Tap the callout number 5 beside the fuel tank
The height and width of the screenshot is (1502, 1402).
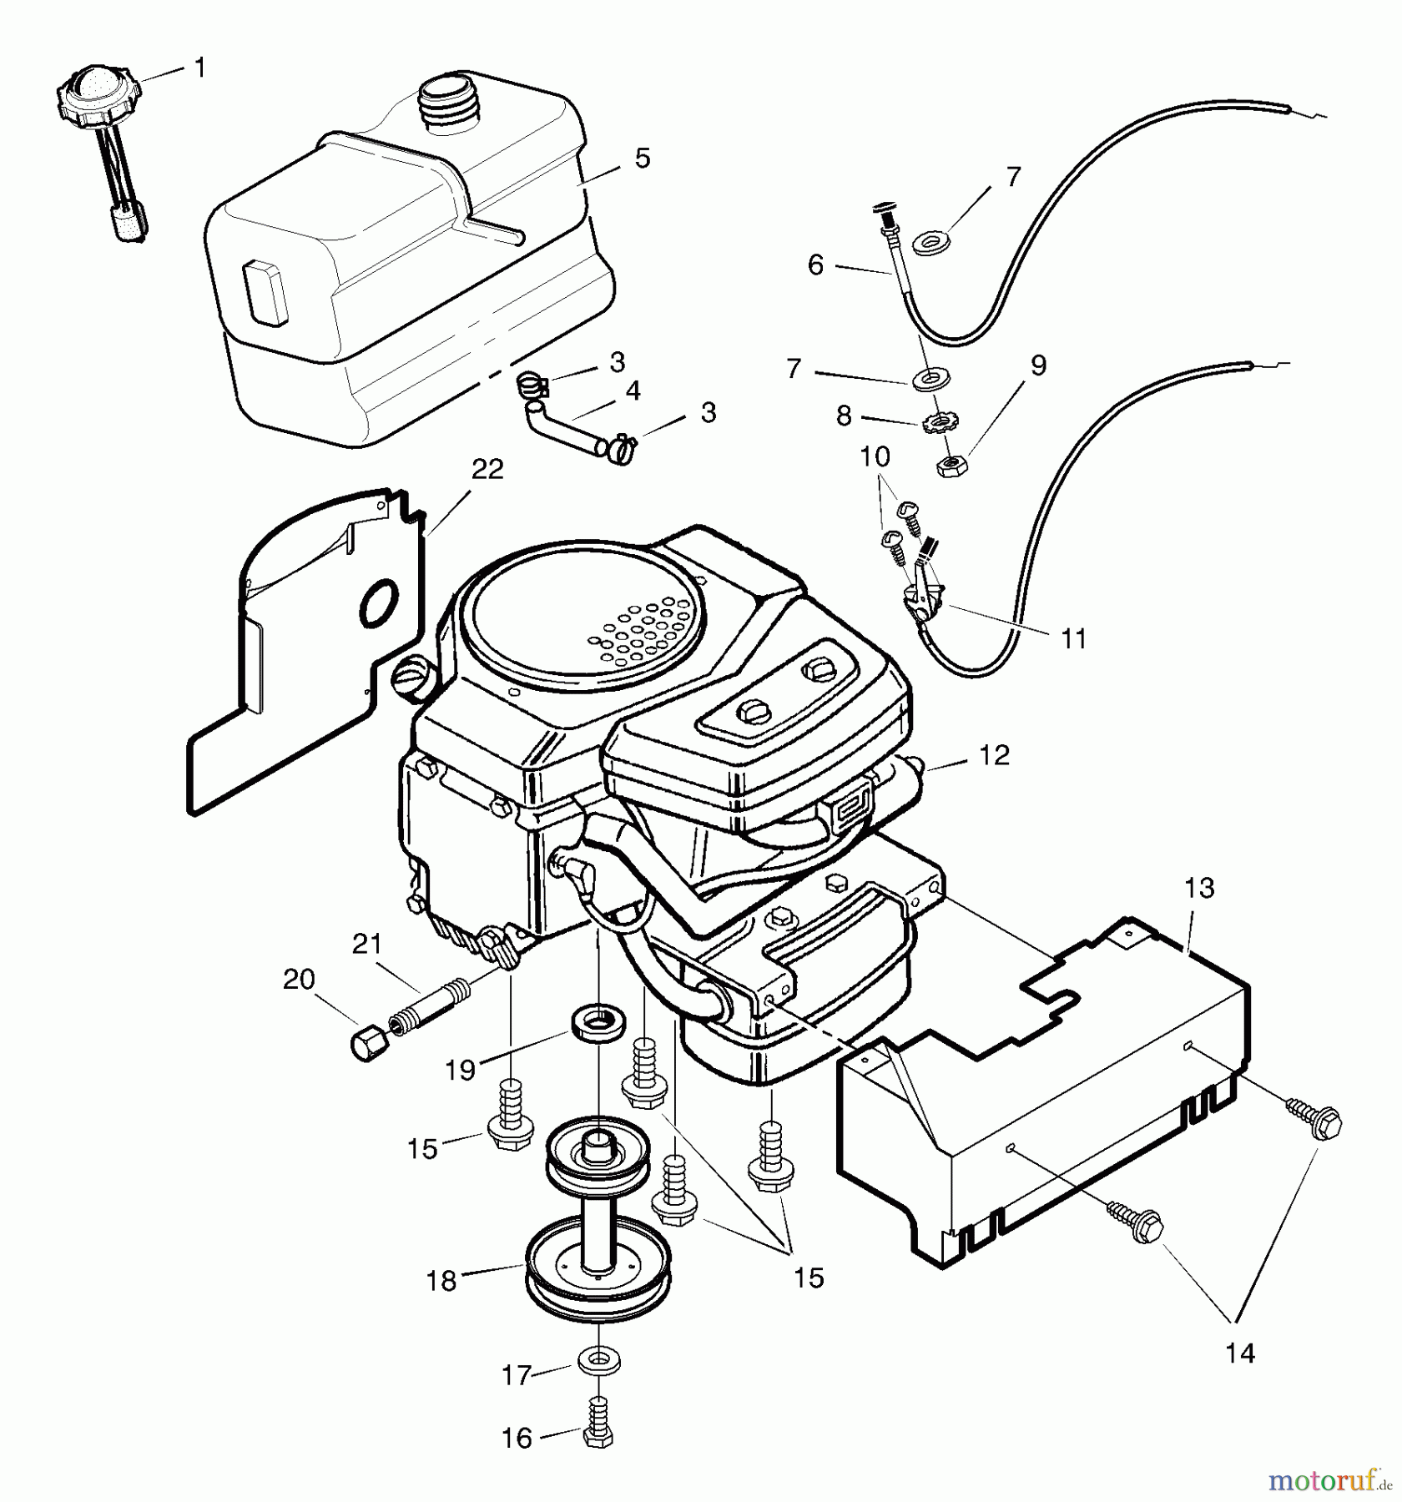[642, 158]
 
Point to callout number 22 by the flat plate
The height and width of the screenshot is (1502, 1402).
[487, 470]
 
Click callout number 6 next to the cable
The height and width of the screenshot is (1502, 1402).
[815, 265]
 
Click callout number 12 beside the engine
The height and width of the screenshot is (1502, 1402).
[992, 755]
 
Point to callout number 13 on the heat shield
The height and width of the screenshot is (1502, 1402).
[1199, 889]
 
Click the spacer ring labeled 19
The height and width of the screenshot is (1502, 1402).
[594, 1024]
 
